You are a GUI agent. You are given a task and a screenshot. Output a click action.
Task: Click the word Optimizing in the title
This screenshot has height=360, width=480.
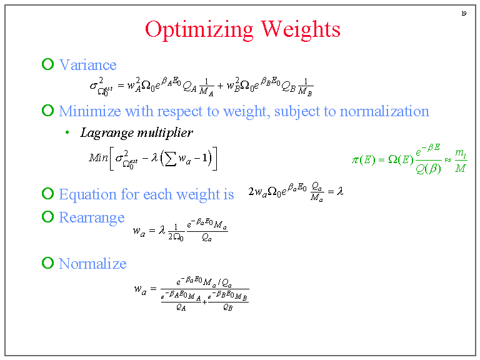(199, 30)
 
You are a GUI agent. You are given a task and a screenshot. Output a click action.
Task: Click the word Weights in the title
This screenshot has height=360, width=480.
(301, 29)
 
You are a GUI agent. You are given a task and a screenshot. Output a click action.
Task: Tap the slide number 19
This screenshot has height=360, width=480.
(464, 14)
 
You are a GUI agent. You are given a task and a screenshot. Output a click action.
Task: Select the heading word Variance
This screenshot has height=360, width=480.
(87, 65)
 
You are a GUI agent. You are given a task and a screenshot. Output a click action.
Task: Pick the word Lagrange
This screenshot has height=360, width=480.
(104, 132)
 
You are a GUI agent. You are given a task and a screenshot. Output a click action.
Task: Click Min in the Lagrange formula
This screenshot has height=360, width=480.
(98, 157)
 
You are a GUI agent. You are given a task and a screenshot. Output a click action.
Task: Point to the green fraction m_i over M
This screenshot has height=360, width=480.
(460, 160)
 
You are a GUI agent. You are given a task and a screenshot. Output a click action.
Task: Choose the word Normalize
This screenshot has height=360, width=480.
(92, 264)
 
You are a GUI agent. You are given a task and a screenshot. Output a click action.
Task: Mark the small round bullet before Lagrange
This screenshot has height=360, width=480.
(67, 133)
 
